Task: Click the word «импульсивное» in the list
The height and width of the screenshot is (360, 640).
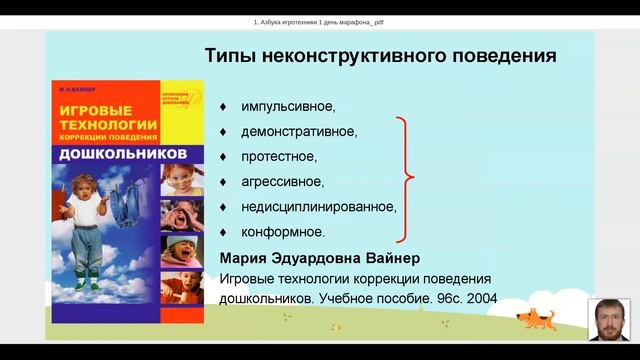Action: pos(288,106)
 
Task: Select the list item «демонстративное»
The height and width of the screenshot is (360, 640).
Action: pos(299,131)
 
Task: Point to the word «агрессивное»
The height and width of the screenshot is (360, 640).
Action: pos(282,181)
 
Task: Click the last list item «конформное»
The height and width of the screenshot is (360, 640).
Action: pos(282,231)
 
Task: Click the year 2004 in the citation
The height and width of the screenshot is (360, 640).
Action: pos(480,297)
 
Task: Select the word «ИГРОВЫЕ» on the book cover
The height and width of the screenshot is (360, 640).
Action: pos(99,107)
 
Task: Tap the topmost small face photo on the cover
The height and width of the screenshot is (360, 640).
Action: pos(181,180)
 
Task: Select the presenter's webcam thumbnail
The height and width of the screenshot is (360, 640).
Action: pos(609,320)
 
